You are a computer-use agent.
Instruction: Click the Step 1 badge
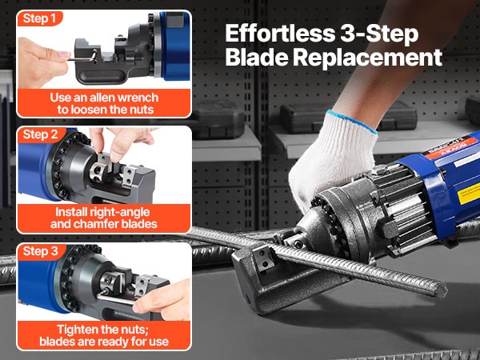click(40, 18)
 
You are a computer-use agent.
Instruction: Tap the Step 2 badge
click(41, 134)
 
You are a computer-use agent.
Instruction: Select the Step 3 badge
click(41, 251)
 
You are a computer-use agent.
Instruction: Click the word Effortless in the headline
click(280, 34)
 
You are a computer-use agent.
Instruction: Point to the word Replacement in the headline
click(369, 57)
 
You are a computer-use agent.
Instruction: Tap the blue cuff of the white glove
click(352, 120)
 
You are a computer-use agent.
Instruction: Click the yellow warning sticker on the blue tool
click(469, 193)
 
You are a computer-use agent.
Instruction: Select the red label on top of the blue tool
click(450, 148)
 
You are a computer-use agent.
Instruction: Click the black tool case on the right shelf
click(348, 117)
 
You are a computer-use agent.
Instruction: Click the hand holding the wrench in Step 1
click(43, 62)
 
